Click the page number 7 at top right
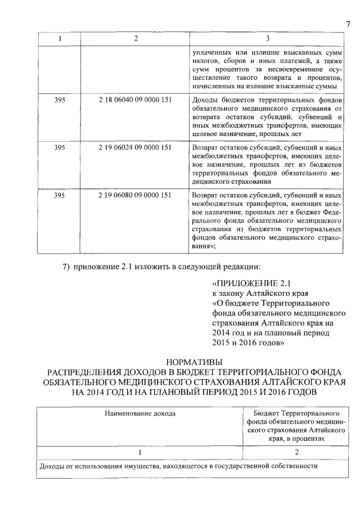pos(348,23)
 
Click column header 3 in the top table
pos(267,38)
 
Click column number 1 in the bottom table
pos(140,452)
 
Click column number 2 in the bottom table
pos(296,452)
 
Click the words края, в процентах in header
pos(296,438)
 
